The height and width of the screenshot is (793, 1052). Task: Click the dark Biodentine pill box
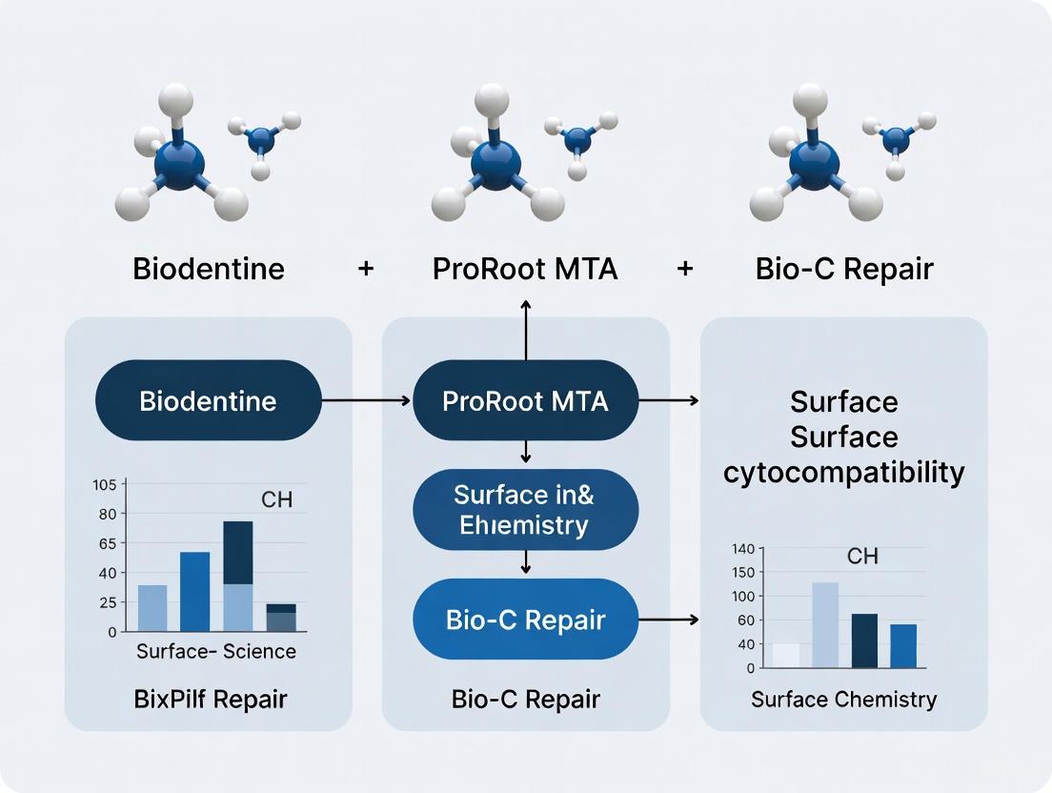(208, 400)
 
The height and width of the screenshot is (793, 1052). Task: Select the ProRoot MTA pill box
(525, 400)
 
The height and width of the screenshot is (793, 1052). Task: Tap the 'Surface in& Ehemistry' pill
(525, 509)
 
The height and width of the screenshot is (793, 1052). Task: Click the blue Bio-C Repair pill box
(525, 620)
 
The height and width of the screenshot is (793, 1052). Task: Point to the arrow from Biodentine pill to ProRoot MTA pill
(367, 401)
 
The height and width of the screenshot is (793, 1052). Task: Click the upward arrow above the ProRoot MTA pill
(525, 329)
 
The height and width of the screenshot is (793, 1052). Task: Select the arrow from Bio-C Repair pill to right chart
(668, 620)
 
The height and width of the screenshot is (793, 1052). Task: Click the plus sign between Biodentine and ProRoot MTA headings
(366, 269)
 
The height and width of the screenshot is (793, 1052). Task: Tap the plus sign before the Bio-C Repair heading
(684, 269)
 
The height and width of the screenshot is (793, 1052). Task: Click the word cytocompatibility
(843, 472)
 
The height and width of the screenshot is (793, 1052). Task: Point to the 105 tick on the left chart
(104, 484)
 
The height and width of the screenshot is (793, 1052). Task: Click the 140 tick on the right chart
(742, 549)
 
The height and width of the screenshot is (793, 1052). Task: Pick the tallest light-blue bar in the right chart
(825, 624)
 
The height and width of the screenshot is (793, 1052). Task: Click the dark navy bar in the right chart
(864, 640)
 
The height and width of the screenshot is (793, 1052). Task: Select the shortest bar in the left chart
(281, 618)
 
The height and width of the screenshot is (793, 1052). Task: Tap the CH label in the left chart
(276, 499)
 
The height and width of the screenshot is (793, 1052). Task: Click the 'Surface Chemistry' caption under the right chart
(843, 700)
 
